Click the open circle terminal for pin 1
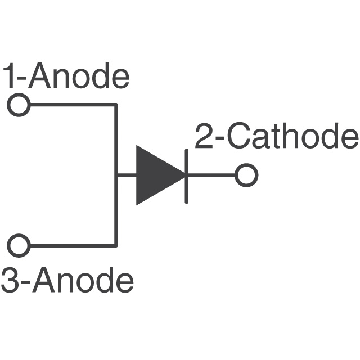coord(19,105)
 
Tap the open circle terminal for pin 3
coord(19,245)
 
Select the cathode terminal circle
coord(246,175)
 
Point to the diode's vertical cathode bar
coord(186,175)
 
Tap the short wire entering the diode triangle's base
coord(126,175)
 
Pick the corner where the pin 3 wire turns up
coord(116,245)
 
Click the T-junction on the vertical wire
coord(116,175)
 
